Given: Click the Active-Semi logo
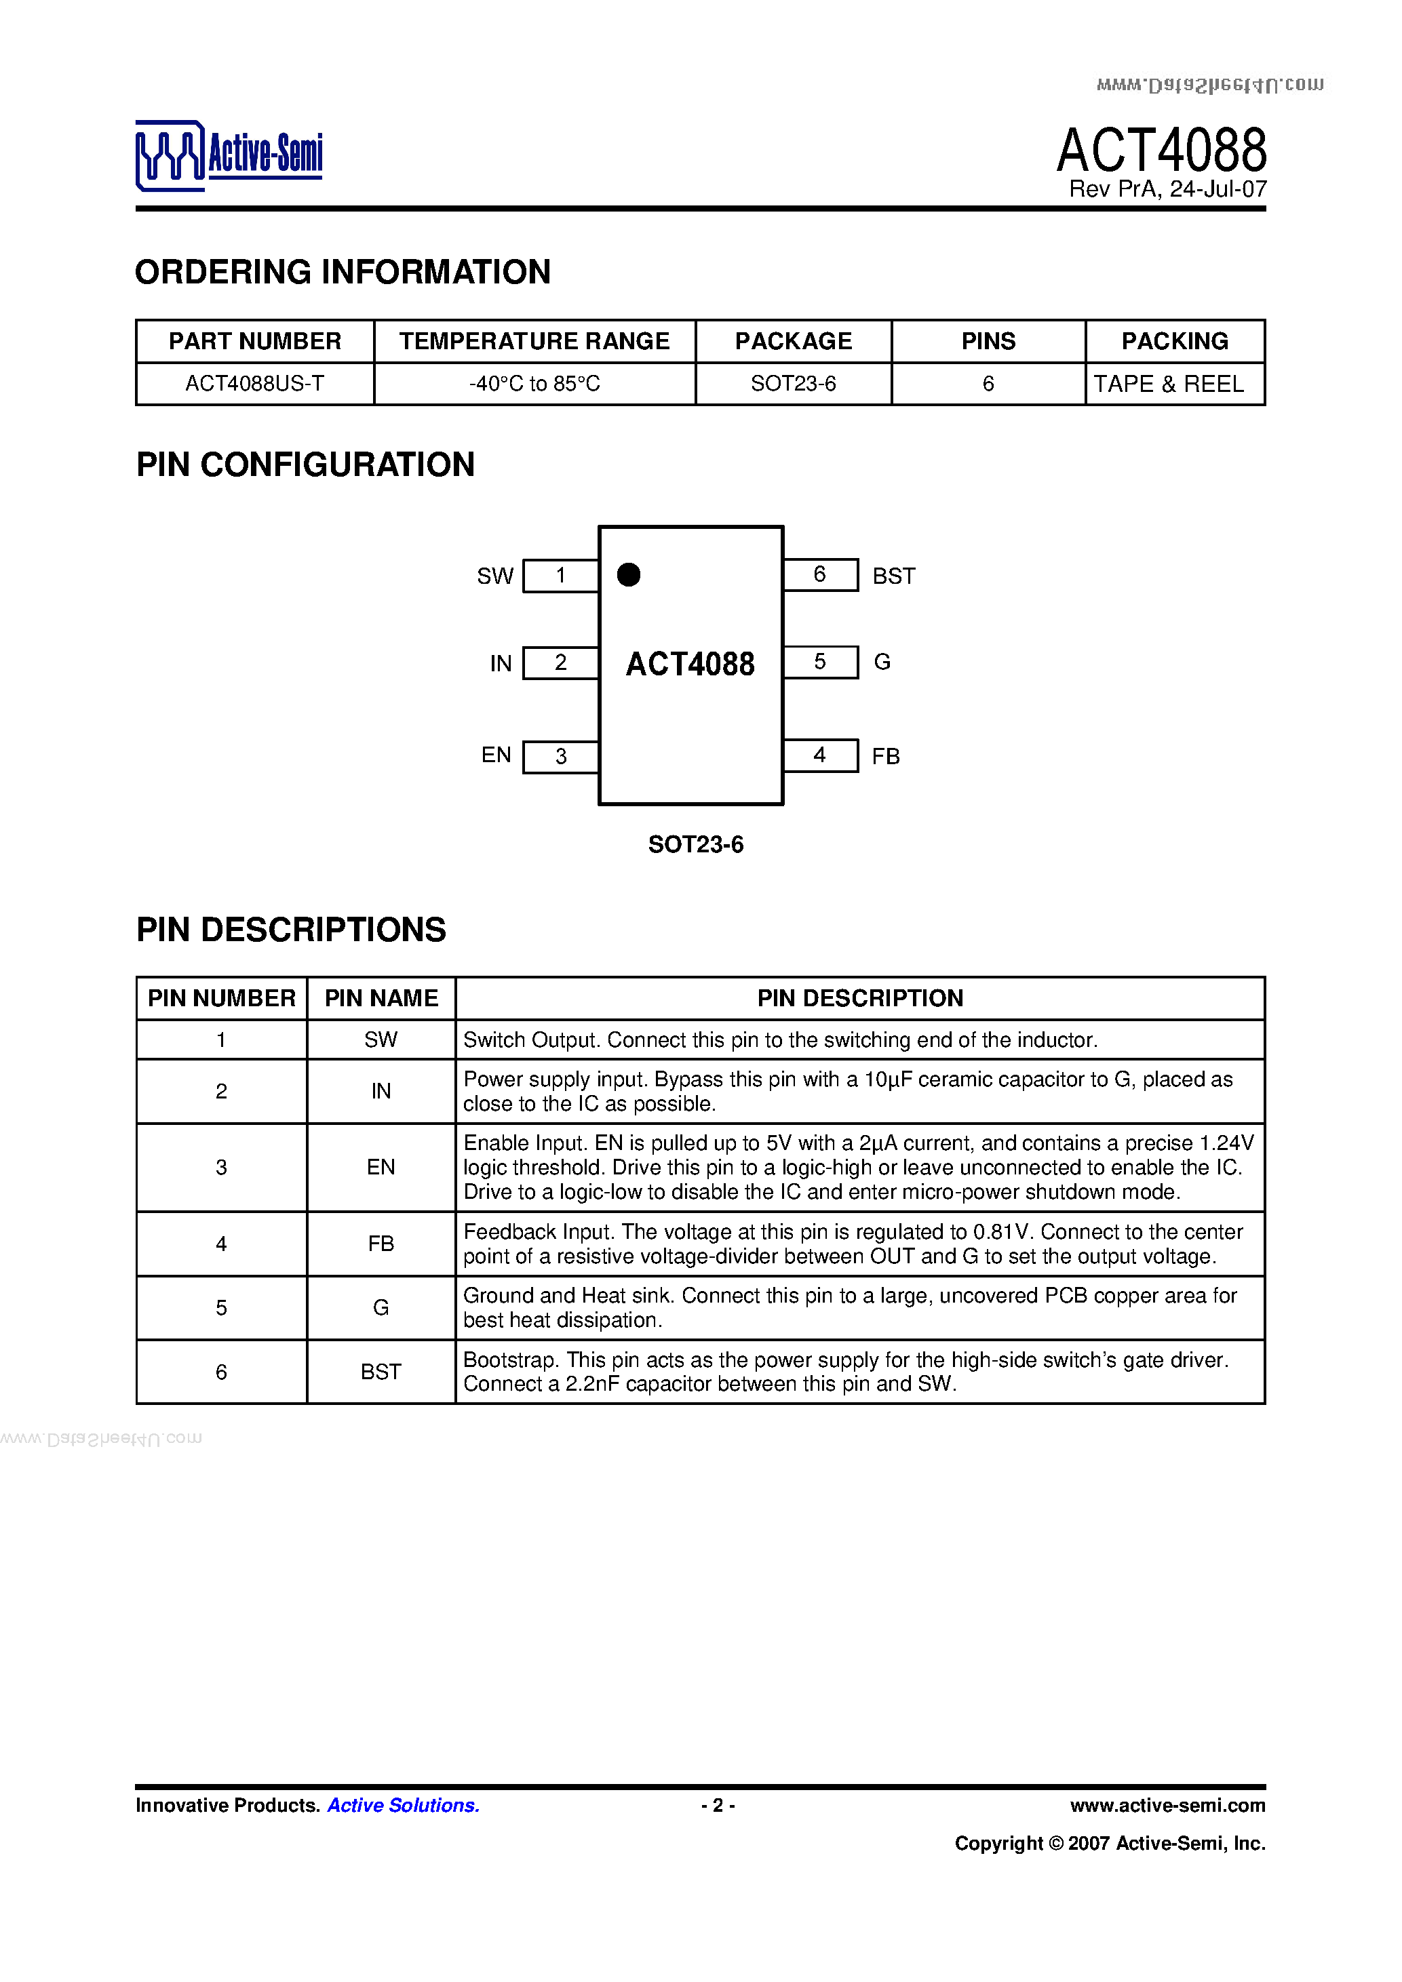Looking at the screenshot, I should [229, 155].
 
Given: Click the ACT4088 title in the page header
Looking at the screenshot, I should [1161, 151].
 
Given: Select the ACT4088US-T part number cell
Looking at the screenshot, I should [254, 383].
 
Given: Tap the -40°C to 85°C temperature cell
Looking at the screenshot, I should [534, 383].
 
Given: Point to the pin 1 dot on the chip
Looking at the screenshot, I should [629, 574].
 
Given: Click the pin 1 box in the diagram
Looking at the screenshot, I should [560, 576].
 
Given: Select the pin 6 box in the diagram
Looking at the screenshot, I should [820, 575].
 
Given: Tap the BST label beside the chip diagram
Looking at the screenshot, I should [893, 576].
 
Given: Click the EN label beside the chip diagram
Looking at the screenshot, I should [496, 755].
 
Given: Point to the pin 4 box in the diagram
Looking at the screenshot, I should [820, 755].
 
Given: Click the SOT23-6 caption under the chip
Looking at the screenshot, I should [696, 844].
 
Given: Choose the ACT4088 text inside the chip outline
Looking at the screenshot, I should [690, 664].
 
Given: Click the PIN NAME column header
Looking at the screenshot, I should [381, 998].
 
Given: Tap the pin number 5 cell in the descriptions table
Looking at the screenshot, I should [221, 1308].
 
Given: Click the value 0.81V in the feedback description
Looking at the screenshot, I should [1001, 1232].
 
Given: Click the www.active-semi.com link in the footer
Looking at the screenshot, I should [1167, 1805].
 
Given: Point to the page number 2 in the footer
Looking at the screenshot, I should [718, 1805].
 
